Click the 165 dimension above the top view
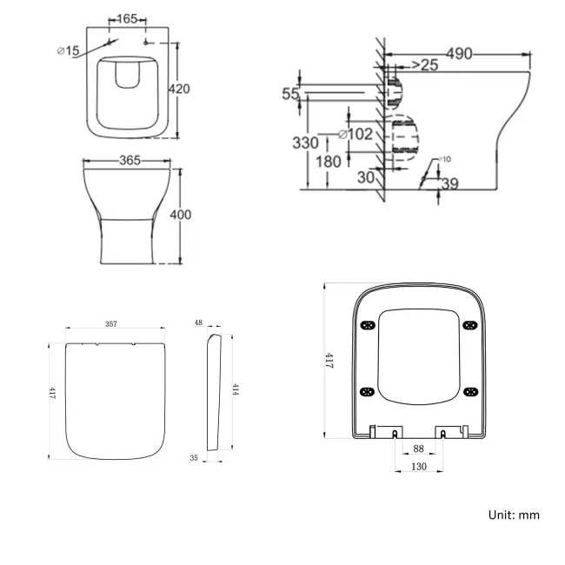pyautogui.click(x=127, y=17)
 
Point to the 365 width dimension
pyautogui.click(x=130, y=160)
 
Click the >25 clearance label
pyautogui.click(x=423, y=65)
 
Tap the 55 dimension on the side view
pyautogui.click(x=290, y=94)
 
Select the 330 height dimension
pyautogui.click(x=304, y=143)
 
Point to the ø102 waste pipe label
pyautogui.click(x=355, y=134)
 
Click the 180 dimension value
pyautogui.click(x=328, y=162)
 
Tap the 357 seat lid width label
pyautogui.click(x=111, y=324)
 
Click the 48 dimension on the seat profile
pyautogui.click(x=198, y=322)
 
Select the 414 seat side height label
pyautogui.click(x=235, y=389)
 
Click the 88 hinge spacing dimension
pyautogui.click(x=419, y=449)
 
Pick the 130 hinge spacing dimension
pyautogui.click(x=419, y=468)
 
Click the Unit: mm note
pyautogui.click(x=513, y=515)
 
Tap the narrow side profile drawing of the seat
pyautogui.click(x=214, y=391)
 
